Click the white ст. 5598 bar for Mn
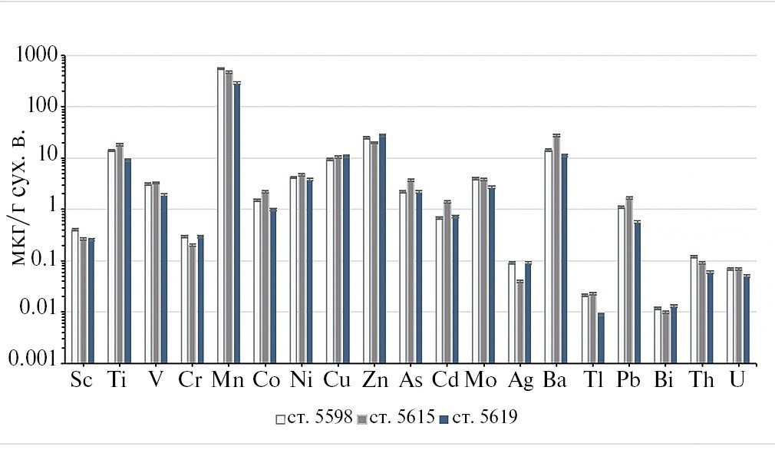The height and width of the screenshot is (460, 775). tap(221, 215)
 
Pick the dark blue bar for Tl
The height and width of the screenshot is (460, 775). tap(601, 337)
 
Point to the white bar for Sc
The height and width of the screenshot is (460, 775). tap(75, 296)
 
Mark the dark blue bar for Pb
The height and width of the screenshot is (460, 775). tap(637, 292)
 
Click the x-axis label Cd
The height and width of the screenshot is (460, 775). tap(446, 381)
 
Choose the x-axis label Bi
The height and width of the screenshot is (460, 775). tap(664, 381)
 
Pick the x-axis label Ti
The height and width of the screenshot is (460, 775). tap(117, 381)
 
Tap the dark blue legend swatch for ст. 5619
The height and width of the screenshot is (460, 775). tap(444, 419)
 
